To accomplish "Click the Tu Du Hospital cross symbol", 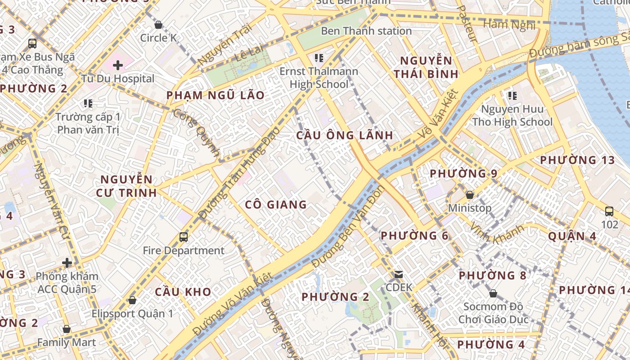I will [118, 65].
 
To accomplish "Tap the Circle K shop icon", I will [158, 24].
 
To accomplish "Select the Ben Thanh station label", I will [366, 31].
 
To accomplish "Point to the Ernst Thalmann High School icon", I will [319, 58].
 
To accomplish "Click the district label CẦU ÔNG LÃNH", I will [345, 135].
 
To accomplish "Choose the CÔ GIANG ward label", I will [276, 205].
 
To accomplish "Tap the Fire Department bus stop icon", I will [183, 237].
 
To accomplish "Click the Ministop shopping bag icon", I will [469, 195].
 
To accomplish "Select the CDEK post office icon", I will [398, 274].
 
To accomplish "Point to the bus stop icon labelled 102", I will [609, 211].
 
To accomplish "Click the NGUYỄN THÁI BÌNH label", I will [426, 67].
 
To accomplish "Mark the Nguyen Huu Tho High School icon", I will [512, 95].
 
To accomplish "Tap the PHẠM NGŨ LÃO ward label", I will [215, 95].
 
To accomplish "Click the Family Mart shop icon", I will [67, 329].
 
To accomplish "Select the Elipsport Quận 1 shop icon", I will [132, 300].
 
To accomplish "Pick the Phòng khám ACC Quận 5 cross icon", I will [67, 262].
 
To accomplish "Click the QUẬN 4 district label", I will [572, 236].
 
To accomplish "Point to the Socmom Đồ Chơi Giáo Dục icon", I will [493, 294].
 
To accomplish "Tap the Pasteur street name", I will [467, 23].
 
